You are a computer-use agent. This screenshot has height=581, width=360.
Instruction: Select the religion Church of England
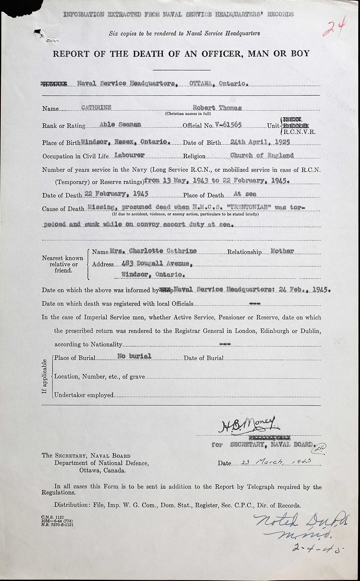262,155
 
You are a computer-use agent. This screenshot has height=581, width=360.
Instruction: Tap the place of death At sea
245,194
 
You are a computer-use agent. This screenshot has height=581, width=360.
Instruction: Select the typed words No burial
134,356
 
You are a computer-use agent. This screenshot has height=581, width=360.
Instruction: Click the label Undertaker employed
84,395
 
